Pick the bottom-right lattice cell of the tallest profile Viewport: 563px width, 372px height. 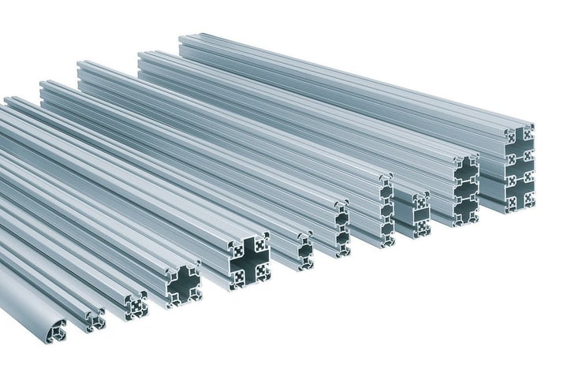(x=526, y=202)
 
